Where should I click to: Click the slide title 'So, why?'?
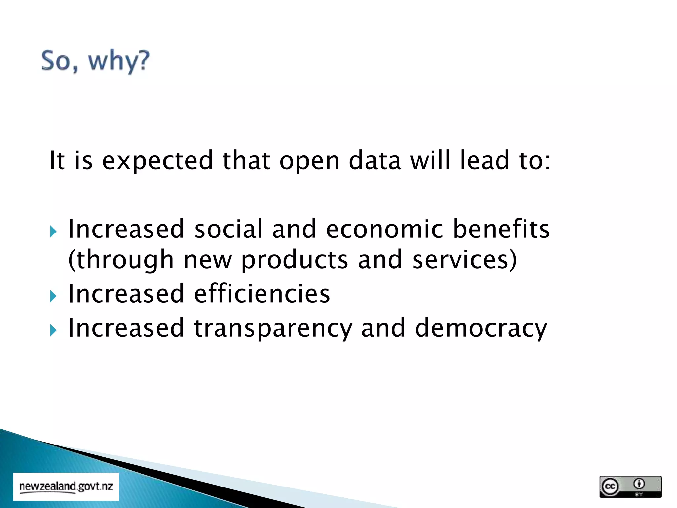(95, 61)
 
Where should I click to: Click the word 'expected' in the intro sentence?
(158, 161)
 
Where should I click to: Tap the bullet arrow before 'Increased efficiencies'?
(53, 296)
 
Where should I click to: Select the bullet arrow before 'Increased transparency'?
(53, 330)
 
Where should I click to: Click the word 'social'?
(228, 229)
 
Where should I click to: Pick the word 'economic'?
(384, 229)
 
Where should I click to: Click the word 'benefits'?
(501, 229)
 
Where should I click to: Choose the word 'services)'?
(464, 260)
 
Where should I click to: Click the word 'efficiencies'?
(262, 294)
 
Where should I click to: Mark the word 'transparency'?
(273, 329)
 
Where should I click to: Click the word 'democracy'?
(481, 329)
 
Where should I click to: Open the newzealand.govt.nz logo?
(66, 487)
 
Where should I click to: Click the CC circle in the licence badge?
(610, 487)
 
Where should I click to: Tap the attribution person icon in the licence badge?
(639, 484)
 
